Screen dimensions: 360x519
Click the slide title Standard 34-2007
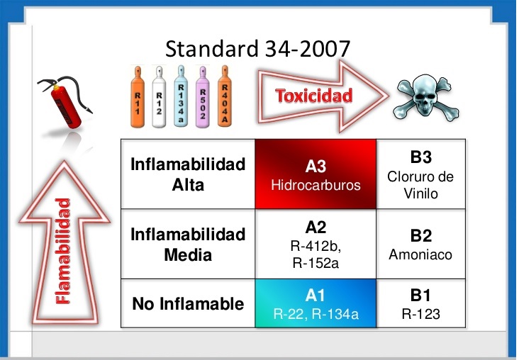point(257,48)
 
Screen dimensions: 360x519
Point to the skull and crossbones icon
point(425,96)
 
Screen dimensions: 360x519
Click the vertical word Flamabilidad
point(64,252)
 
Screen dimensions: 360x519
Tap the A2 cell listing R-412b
point(316,244)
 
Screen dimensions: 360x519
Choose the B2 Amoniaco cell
point(420,244)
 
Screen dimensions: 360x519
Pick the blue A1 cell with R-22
point(316,304)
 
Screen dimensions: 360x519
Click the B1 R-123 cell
point(420,304)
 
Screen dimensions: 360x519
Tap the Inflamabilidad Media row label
point(188,244)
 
